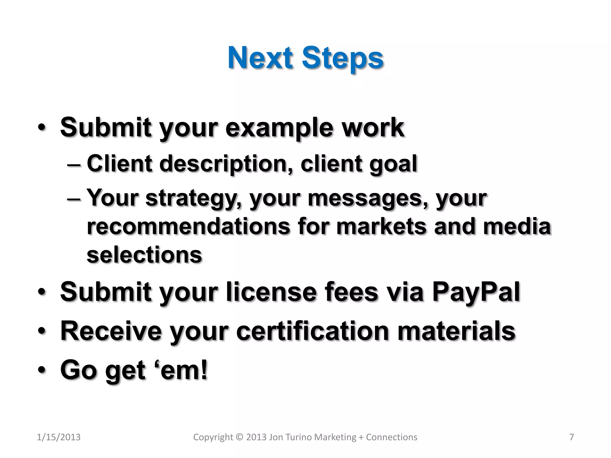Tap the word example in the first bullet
point(279,128)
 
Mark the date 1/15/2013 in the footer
point(58,437)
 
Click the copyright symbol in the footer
point(239,437)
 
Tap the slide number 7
point(572,437)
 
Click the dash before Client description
point(74,164)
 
